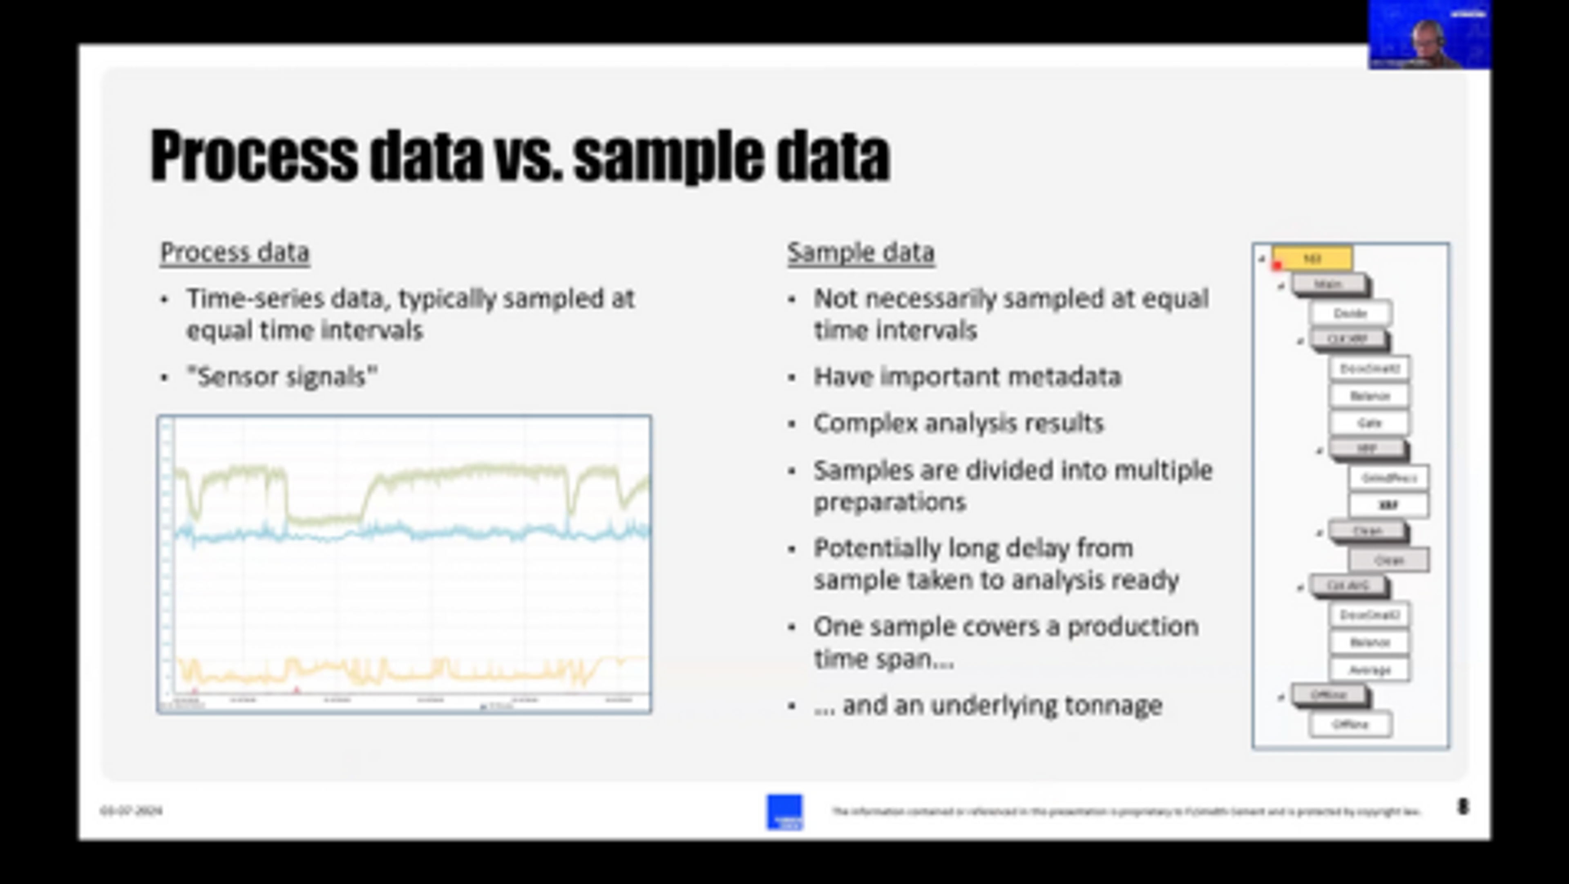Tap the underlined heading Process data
(235, 252)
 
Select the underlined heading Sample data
(860, 252)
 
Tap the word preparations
(890, 502)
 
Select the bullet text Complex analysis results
(958, 423)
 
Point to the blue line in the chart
(426, 533)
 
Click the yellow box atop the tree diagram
(1312, 258)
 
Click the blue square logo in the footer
(784, 812)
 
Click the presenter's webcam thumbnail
(1429, 35)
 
